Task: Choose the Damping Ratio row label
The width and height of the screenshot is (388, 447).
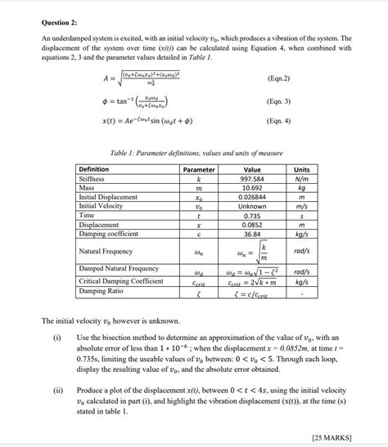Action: (100, 291)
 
